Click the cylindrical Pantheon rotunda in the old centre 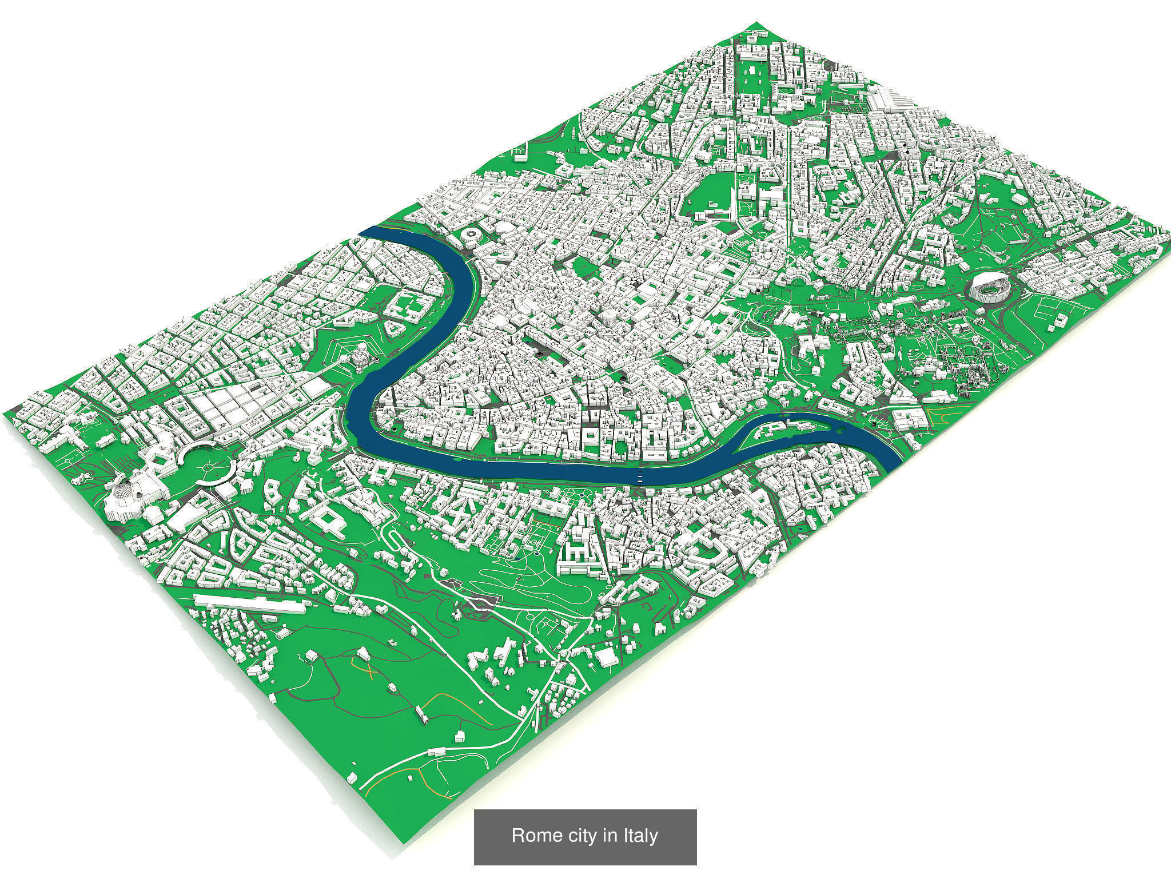(x=611, y=316)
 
